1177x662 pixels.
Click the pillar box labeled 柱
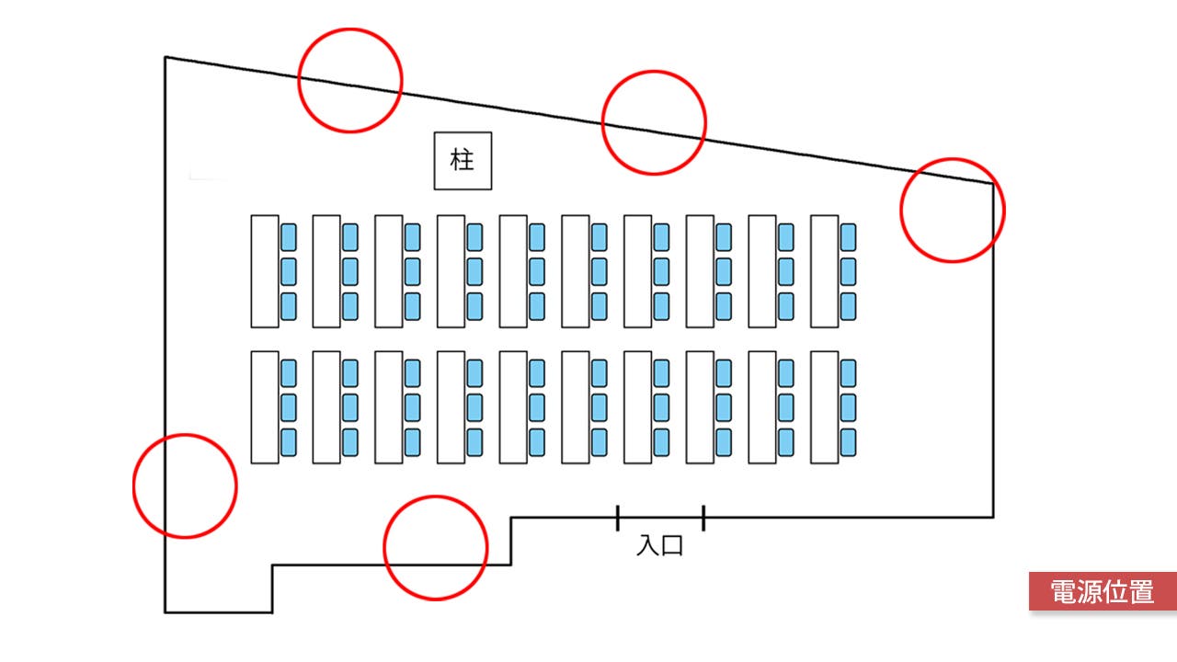coord(463,161)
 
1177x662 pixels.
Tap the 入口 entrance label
coord(660,546)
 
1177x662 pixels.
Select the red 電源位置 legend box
coord(1103,591)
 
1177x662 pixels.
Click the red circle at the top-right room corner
coord(952,210)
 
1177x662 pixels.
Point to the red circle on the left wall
coord(185,485)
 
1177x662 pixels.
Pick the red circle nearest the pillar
coord(350,80)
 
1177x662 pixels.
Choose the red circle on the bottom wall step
coord(435,548)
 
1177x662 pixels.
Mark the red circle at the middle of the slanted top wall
coord(654,122)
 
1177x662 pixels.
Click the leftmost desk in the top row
coord(265,271)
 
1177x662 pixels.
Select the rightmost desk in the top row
coord(824,271)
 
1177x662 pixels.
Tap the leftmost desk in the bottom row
coord(265,406)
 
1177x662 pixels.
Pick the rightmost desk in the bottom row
coord(824,406)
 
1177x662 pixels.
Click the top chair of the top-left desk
coord(289,237)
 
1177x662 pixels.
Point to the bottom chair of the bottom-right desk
coord(848,441)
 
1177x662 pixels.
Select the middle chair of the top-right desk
coord(848,271)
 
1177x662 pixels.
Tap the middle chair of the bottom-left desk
coord(289,406)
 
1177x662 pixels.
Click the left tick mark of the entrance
coord(617,518)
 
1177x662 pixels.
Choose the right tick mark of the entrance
coord(703,518)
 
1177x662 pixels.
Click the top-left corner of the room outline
coord(166,58)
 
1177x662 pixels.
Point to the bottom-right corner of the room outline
coord(993,517)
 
